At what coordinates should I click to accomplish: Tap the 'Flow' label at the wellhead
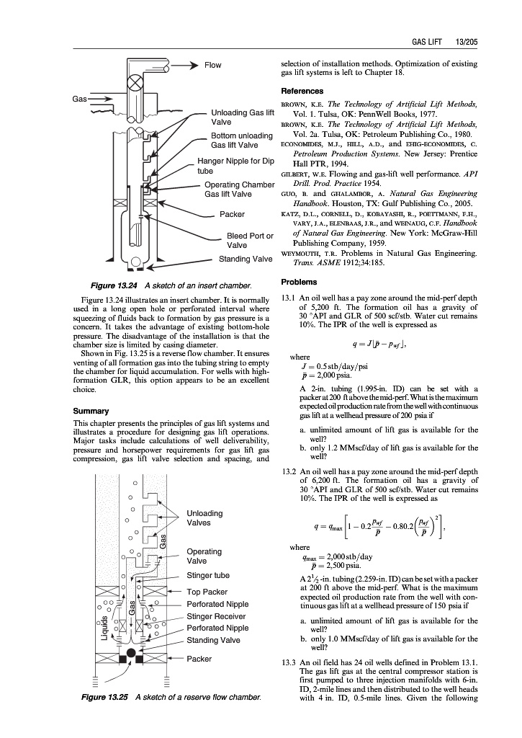(213, 65)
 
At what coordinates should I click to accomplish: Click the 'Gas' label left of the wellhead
(78, 97)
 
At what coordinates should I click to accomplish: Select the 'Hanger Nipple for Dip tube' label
(235, 166)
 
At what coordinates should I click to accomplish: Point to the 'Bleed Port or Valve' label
(249, 240)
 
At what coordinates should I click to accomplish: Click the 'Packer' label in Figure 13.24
(232, 214)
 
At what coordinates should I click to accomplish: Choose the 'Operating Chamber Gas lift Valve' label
(239, 190)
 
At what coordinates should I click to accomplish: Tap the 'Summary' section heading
(91, 411)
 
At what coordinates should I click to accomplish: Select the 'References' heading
(302, 91)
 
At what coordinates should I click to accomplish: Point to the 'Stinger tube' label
(207, 575)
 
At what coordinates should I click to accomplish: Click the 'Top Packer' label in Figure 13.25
(207, 592)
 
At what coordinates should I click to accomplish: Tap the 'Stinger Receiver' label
(216, 616)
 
